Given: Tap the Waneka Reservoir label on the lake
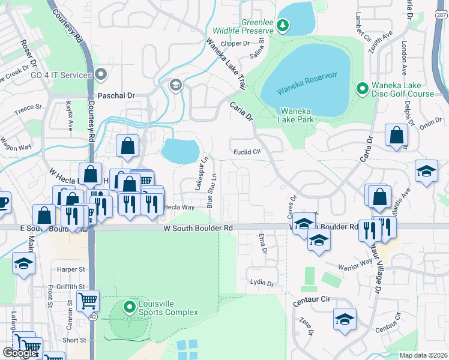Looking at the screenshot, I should click(307, 83).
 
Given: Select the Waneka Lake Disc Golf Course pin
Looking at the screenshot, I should click(362, 89).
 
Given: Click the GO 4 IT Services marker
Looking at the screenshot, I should click(101, 75).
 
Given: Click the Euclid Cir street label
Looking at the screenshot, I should click(247, 152).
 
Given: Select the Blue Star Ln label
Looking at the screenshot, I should click(211, 190).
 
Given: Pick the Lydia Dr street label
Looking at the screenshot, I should click(262, 283).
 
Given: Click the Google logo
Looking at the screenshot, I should click(20, 353).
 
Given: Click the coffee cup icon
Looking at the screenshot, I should click(3, 202).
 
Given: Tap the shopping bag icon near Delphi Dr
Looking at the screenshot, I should click(396, 136).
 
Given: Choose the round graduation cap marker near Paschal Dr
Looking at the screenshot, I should click(176, 84).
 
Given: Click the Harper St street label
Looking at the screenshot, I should click(68, 269).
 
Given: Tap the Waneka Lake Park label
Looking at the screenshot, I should click(297, 115).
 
